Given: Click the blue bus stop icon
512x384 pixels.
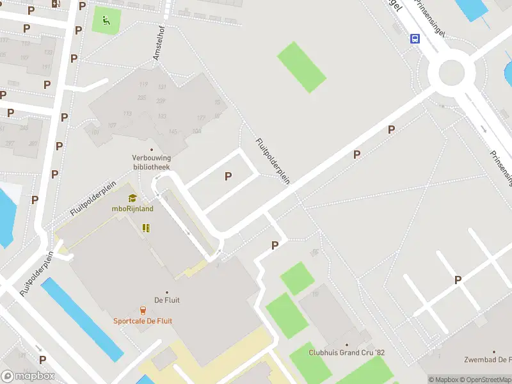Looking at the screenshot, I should pos(415,38).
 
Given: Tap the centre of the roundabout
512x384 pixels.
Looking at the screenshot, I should pos(451,73).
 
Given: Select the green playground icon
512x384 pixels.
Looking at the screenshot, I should pos(106,19).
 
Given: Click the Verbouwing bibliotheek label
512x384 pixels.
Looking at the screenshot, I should pos(151,162).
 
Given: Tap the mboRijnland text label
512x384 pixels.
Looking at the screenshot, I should pos(132,209).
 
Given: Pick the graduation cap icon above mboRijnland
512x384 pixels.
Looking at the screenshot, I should pos(132,198).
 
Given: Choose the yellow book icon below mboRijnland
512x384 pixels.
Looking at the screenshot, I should pos(147,227).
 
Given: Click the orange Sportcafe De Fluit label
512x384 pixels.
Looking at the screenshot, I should pos(143,321).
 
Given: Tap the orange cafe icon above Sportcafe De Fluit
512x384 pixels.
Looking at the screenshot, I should pos(143,310).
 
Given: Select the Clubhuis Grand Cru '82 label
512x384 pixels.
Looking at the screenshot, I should pos(346,353).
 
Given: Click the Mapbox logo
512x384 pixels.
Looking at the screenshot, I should pos(28,376).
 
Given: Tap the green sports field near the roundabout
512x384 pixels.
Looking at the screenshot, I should pos(301,67).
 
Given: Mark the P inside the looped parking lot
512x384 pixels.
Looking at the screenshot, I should pos(228,176).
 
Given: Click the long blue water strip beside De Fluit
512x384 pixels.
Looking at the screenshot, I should pos(82,317).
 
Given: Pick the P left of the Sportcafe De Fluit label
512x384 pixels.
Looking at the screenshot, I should pos(43,360).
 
